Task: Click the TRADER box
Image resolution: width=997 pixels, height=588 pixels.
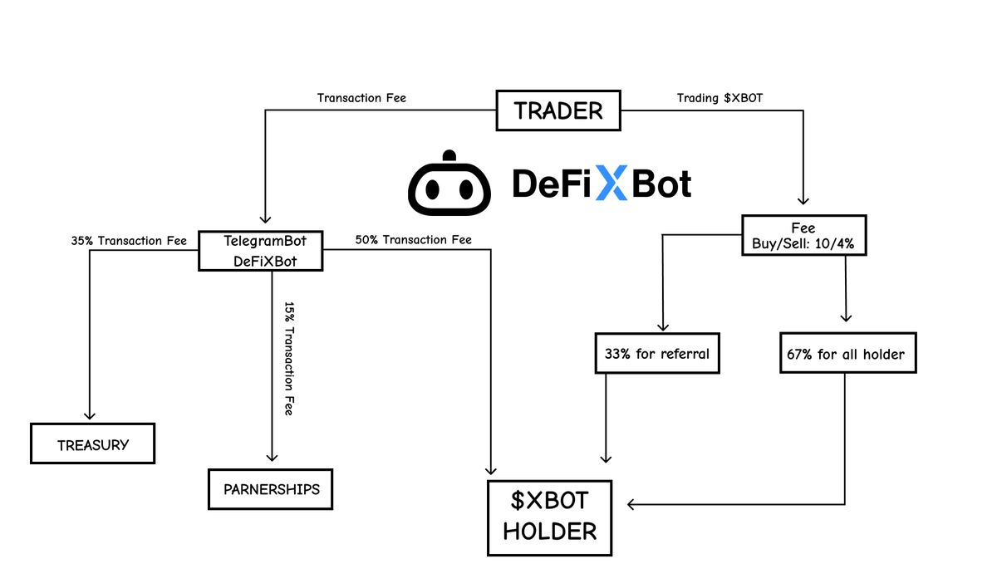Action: (x=558, y=110)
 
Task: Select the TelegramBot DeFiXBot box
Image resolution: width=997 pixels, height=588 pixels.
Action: (x=260, y=251)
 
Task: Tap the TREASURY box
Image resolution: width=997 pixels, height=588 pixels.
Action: (x=93, y=444)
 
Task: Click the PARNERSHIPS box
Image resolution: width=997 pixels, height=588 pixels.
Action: (x=271, y=488)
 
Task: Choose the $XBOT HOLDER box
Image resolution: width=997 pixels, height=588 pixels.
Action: (x=549, y=517)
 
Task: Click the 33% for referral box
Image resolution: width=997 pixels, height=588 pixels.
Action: (x=656, y=354)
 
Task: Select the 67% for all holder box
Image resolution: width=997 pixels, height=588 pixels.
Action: (x=845, y=355)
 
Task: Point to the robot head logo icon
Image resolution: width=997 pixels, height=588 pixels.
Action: (x=449, y=184)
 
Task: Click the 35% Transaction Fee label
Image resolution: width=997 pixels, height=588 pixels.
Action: (x=129, y=241)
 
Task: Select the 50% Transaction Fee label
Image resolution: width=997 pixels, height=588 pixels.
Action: (x=413, y=240)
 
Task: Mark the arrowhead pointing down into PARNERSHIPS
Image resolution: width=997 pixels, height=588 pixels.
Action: (x=271, y=457)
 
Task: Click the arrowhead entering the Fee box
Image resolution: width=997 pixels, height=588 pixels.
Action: (x=803, y=200)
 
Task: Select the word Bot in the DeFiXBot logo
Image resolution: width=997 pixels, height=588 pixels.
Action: (x=661, y=184)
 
